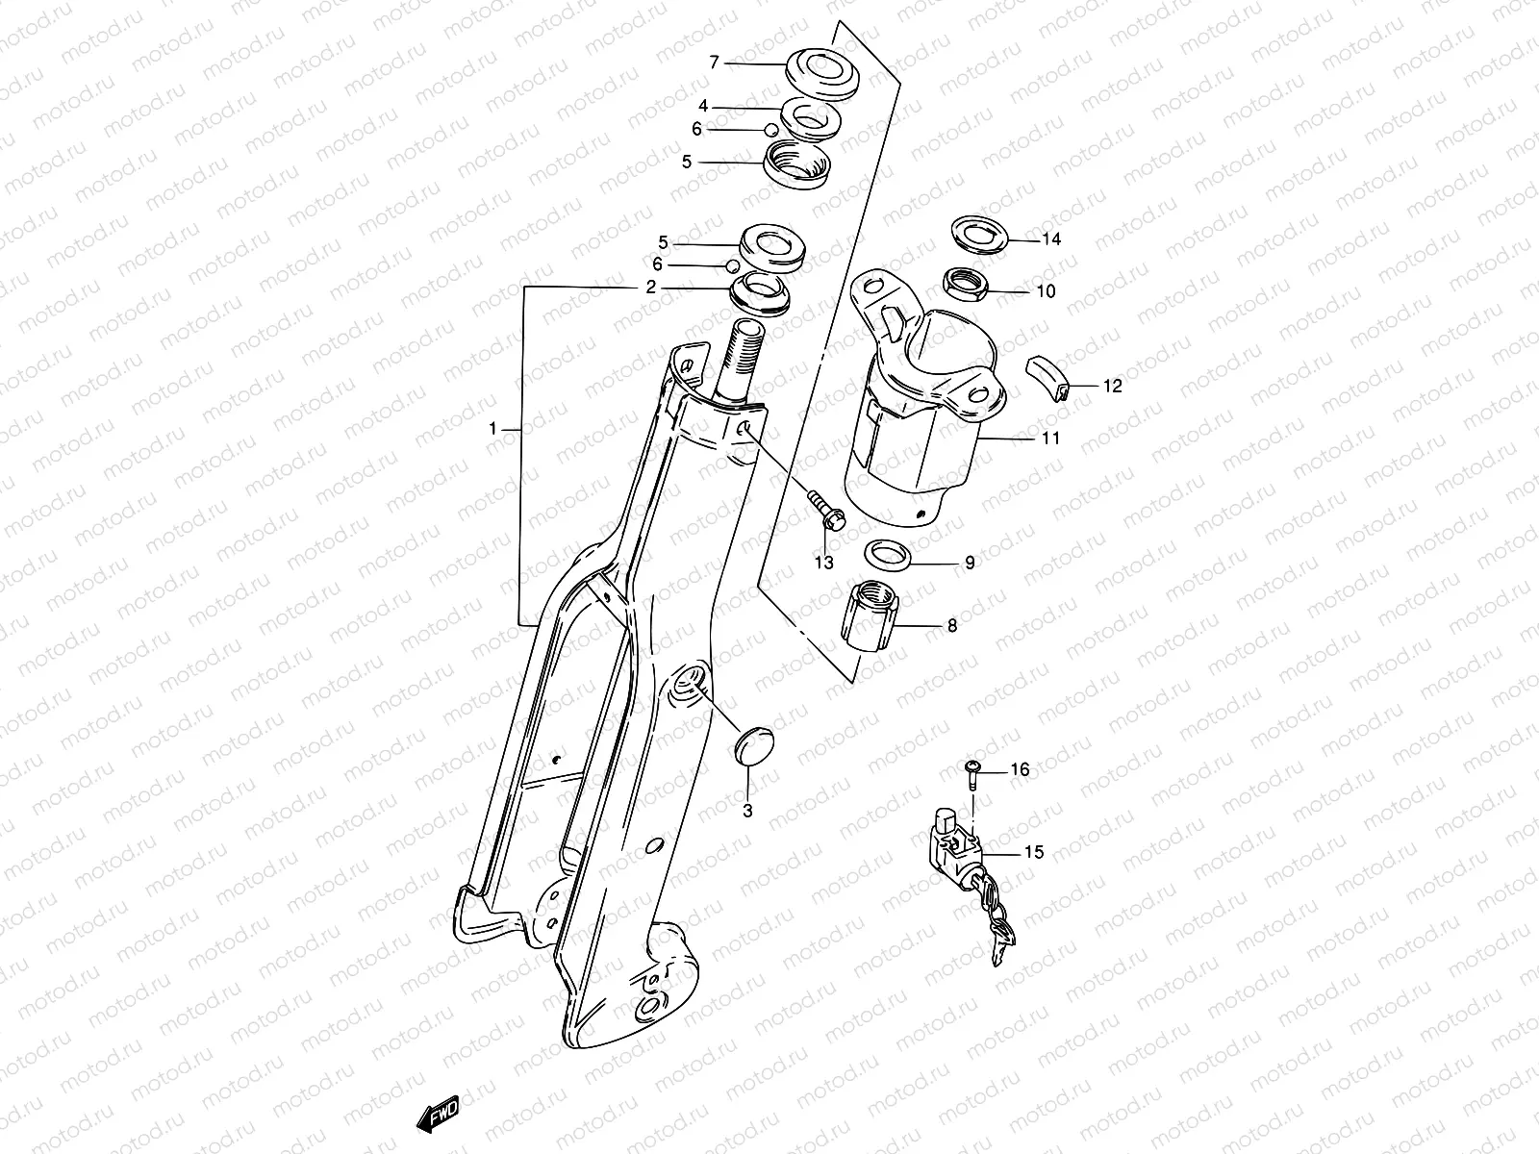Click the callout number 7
(x=714, y=63)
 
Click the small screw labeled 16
(x=971, y=766)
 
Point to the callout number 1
(x=492, y=430)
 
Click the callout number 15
(x=1033, y=852)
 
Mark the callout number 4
(x=703, y=106)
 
